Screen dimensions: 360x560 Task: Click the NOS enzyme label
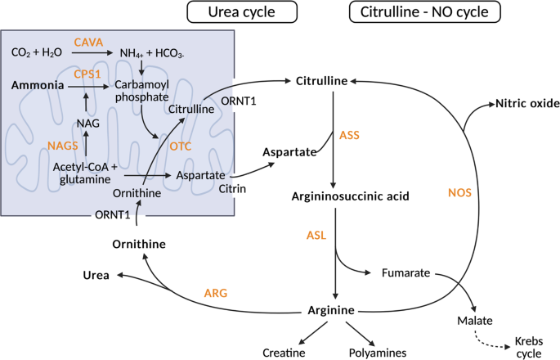pos(460,193)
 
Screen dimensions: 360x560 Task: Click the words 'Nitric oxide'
pos(526,104)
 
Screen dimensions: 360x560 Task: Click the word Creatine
pos(283,353)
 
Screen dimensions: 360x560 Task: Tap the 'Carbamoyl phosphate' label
pos(141,91)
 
